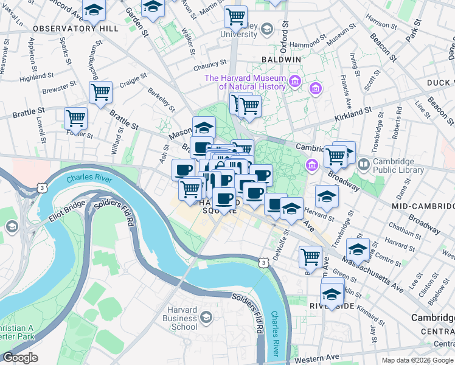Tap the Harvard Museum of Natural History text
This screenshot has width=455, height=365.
[245, 82]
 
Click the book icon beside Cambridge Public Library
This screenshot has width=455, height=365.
[364, 164]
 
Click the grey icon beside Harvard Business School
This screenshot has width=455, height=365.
[207, 317]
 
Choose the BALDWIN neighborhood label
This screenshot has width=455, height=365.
[281, 60]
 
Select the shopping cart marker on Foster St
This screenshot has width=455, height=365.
[75, 116]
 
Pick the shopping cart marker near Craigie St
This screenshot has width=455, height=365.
[100, 92]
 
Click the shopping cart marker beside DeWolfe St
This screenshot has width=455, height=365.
[310, 256]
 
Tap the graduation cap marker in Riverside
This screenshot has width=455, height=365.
[332, 294]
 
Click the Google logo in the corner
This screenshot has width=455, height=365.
[19, 358]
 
